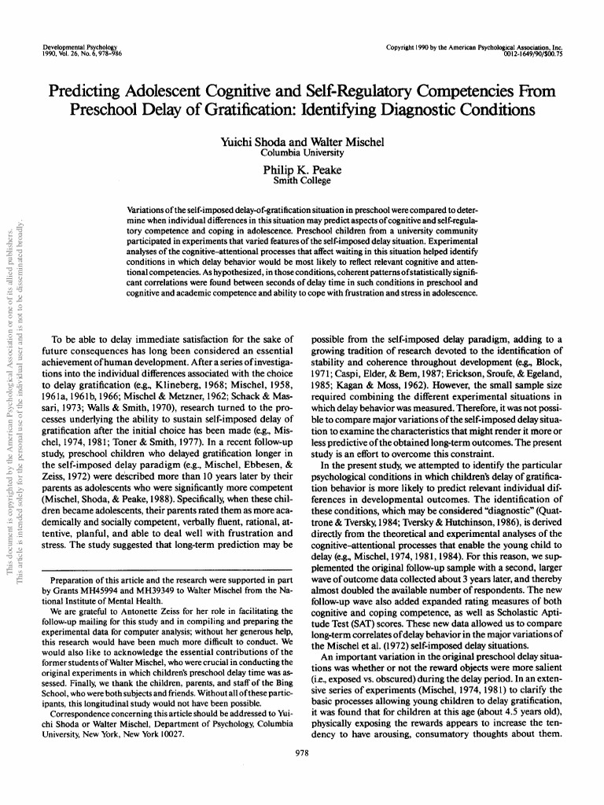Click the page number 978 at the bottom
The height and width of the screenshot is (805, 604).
click(302, 752)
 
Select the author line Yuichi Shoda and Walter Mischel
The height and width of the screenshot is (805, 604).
click(303, 142)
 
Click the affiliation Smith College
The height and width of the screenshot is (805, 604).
click(303, 180)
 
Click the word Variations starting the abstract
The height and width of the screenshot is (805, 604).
click(151, 213)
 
